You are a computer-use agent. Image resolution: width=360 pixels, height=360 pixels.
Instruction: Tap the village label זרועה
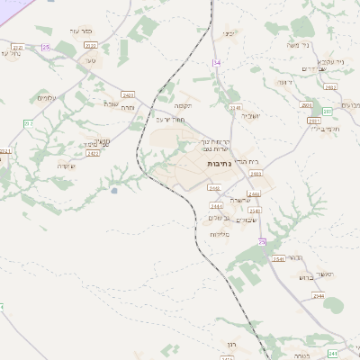pyautogui.click(x=283, y=82)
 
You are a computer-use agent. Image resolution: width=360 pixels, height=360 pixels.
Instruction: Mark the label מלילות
pyautogui.click(x=220, y=234)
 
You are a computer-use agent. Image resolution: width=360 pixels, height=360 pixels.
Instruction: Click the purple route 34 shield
pyautogui.click(x=216, y=62)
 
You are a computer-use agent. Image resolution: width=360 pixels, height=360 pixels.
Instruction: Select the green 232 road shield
pyautogui.click(x=28, y=123)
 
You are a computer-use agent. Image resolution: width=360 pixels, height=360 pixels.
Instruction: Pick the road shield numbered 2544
pyautogui.click(x=318, y=295)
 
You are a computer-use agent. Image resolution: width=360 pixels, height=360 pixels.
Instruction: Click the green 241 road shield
pyautogui.click(x=333, y=353)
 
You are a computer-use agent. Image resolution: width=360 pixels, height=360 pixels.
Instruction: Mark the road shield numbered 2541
pyautogui.click(x=278, y=258)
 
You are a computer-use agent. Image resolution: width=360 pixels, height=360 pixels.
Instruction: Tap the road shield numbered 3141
pyautogui.click(x=237, y=107)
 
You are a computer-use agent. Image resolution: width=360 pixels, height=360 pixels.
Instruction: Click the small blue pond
pyautogui.click(x=114, y=190)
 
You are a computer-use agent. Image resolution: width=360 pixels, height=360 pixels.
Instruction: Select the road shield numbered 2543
pyautogui.click(x=255, y=211)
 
